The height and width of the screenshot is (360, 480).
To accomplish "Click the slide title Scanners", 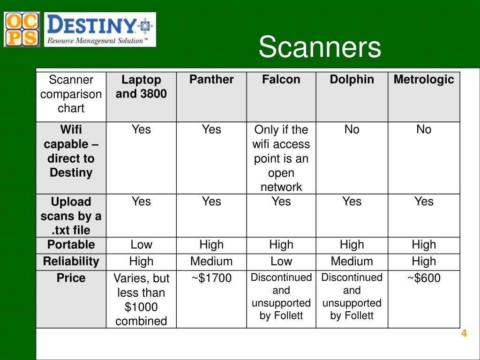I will (320, 47).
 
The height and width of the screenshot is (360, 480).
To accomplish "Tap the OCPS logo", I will (22, 30).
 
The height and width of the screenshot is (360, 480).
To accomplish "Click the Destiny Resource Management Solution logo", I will (100, 30).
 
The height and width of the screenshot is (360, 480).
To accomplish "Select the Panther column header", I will (211, 80).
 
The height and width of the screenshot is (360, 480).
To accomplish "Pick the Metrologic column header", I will (424, 80).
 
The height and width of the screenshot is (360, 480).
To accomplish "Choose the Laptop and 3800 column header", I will (141, 87).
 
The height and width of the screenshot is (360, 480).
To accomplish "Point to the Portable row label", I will (71, 245).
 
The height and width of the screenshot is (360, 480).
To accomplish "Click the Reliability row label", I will (71, 262).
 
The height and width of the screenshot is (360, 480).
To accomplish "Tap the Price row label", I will (71, 278).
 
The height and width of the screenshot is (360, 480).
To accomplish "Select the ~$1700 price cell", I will (211, 278).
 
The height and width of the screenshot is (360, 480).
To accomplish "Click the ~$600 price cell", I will (424, 278).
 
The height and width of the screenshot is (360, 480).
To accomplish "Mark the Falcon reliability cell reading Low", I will (281, 262).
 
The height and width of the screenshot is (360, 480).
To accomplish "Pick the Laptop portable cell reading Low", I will (141, 245).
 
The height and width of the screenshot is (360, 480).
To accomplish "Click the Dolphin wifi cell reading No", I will (352, 129).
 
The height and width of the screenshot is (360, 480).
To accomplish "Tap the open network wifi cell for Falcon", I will (281, 158).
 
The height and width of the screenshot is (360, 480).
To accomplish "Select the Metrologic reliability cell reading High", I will (424, 262).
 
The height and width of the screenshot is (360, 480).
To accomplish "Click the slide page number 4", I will (464, 334).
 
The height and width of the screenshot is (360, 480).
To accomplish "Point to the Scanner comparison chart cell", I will (71, 94).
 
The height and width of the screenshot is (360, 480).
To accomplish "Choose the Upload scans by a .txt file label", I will (71, 216).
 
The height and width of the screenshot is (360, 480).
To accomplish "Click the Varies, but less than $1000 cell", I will (141, 300).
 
